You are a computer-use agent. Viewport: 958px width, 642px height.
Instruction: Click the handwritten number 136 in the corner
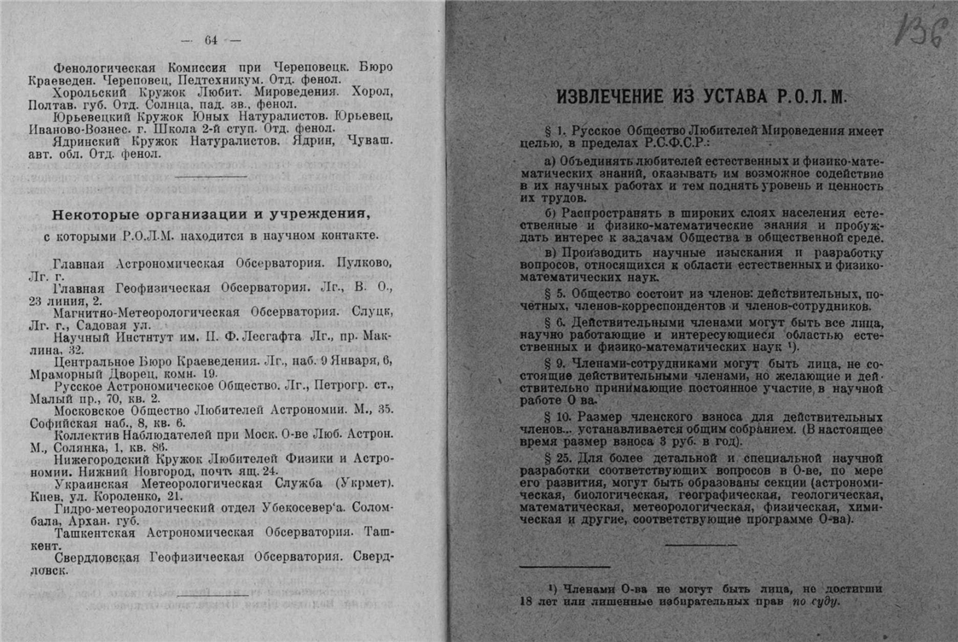pyautogui.click(x=922, y=32)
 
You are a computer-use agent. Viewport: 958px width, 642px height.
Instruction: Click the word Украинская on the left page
pyautogui.click(x=90, y=482)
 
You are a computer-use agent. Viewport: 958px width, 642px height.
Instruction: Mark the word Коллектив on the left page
pyautogui.click(x=85, y=433)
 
